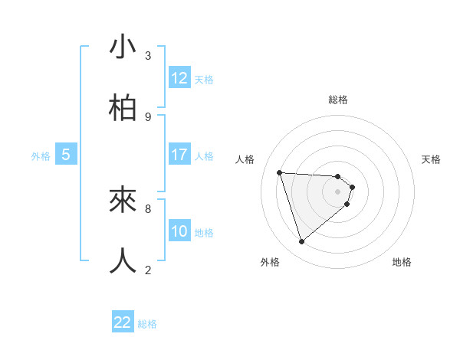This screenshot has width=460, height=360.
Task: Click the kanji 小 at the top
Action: pos(123,47)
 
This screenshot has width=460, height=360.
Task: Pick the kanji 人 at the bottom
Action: pos(123,260)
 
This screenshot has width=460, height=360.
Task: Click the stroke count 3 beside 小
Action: pos(148,56)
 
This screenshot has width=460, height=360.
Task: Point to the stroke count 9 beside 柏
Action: pos(148,116)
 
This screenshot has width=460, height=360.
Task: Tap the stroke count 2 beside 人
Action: pos(148,270)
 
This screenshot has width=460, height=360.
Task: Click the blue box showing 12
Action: pos(179,78)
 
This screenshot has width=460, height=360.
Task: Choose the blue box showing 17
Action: pos(179,155)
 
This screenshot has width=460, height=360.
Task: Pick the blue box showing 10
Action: pos(179,231)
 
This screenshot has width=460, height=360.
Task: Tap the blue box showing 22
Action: pos(123,322)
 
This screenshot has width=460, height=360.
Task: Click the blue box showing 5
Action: pos(66,155)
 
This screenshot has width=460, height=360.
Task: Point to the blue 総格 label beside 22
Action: pos(148,324)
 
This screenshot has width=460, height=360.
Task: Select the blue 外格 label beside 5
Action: pos(41,156)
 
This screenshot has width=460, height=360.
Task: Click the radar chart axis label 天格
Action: pos(431,159)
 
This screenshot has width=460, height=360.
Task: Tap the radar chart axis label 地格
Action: pos(402,262)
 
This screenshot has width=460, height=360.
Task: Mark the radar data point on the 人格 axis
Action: pos(280,172)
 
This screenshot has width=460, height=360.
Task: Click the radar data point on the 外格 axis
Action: pos(301,242)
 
